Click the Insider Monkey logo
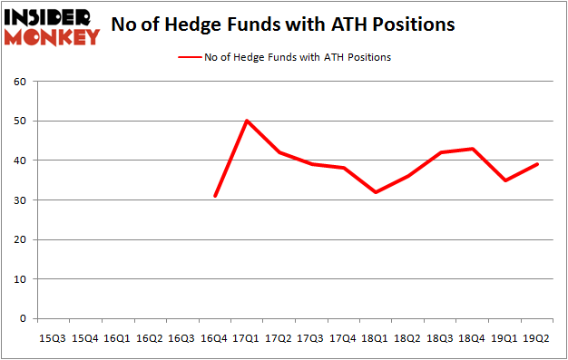52,26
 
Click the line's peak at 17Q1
247,121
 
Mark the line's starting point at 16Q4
214,196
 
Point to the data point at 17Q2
279,152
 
